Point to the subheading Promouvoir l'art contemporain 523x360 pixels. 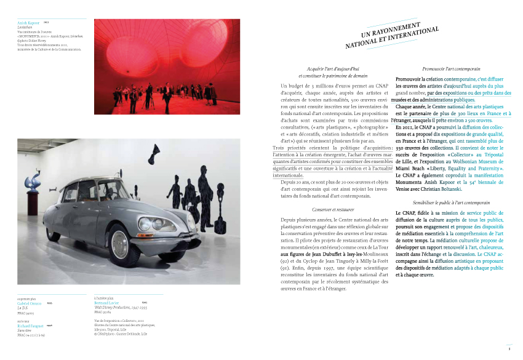click(x=452, y=69)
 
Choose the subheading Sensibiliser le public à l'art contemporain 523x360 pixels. click(x=452, y=202)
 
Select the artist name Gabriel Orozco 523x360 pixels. click(x=30, y=303)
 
